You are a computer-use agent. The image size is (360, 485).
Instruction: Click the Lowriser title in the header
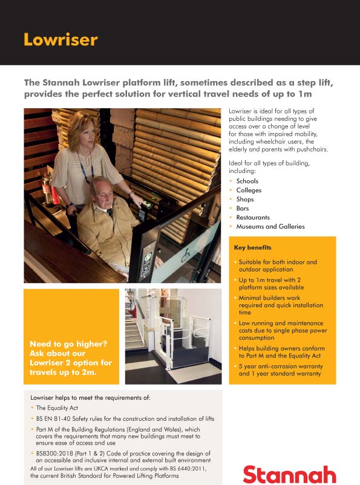pos(60,40)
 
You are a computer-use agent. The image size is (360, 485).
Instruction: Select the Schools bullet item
pos(247,181)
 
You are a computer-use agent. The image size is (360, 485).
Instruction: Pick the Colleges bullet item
pos(249,190)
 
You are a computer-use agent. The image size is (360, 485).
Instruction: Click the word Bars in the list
pos(242,208)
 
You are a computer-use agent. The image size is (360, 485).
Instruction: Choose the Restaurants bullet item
pos(253,217)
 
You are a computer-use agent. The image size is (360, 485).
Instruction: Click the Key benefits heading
pos(252,248)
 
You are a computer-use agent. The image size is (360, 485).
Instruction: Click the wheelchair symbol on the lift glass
pos(185,252)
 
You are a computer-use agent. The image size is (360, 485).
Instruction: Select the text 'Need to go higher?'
pos(68,344)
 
